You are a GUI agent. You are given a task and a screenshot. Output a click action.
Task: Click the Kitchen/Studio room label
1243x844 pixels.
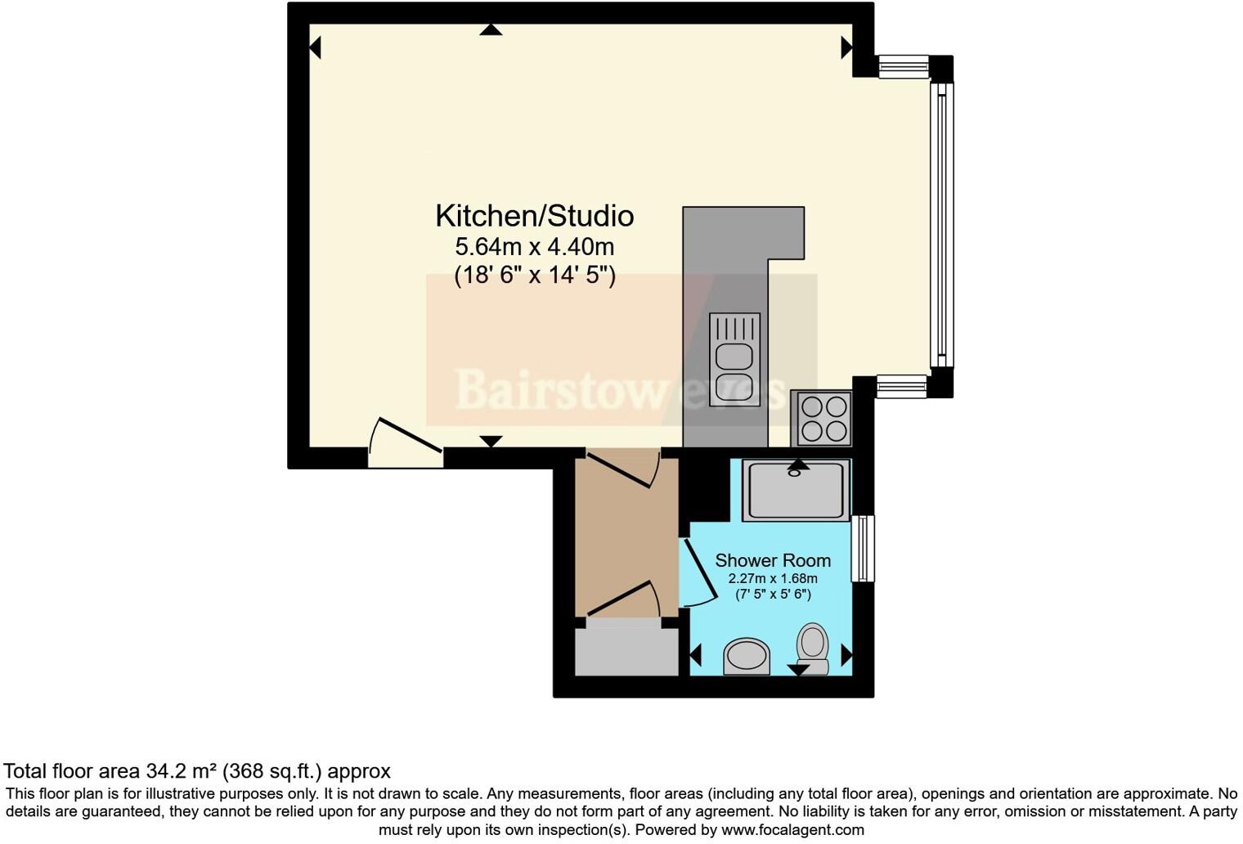534,216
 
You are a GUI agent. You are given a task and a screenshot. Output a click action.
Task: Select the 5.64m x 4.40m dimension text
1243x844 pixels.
534,246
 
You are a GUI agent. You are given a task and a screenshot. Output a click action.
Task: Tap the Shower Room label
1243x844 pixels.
772,560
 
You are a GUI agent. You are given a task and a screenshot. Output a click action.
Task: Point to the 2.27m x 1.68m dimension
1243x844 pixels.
772,578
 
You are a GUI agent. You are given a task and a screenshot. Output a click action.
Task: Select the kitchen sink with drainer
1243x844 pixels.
734,359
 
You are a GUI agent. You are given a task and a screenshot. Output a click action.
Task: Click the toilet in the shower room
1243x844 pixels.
812,649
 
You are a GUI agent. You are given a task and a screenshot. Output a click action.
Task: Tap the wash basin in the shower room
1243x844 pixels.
747,656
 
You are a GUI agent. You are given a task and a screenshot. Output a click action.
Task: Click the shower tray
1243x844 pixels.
795,490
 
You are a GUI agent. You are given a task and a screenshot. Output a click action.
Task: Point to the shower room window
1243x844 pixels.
863,548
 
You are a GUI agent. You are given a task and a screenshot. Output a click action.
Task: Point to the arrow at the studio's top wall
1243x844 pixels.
491,30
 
